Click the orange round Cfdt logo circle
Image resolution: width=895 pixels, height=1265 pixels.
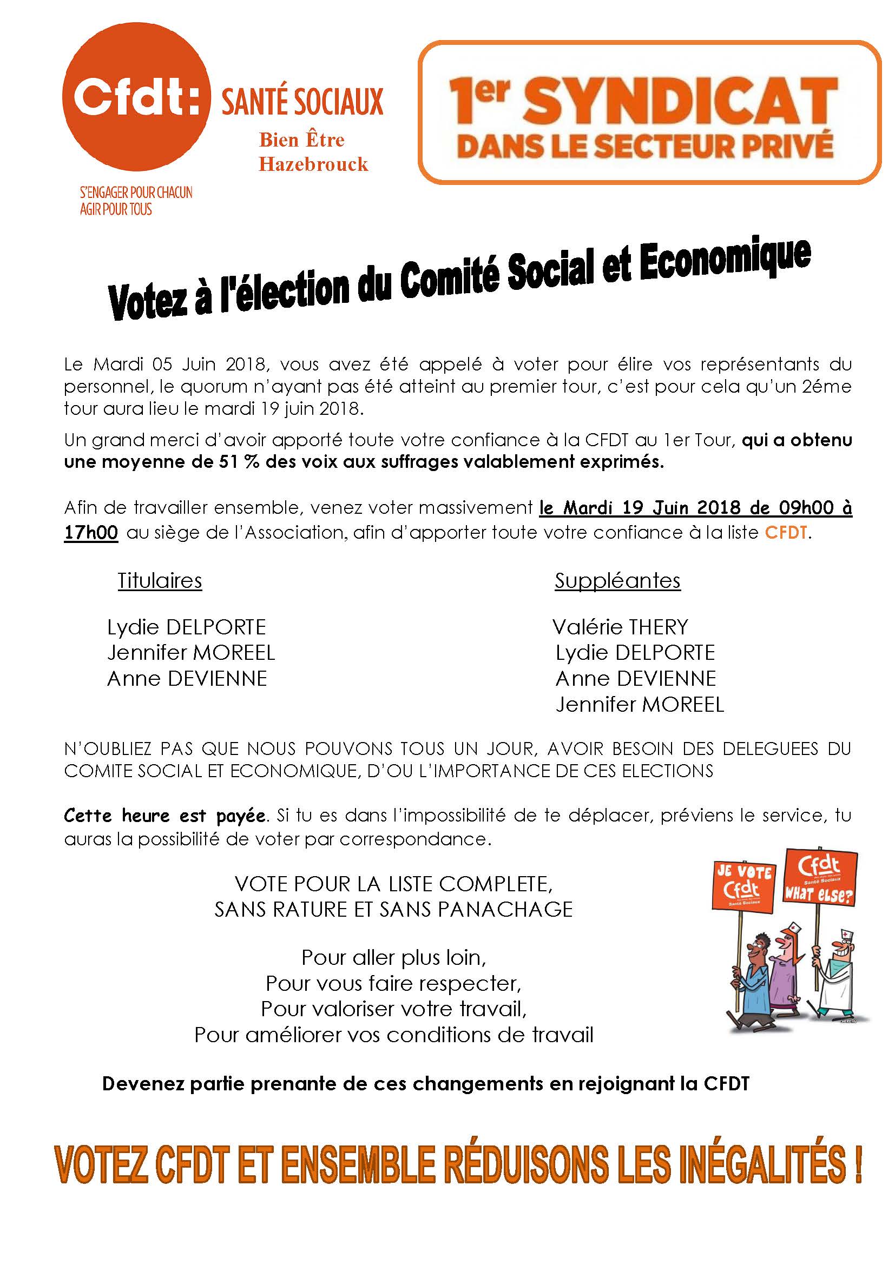point(136,99)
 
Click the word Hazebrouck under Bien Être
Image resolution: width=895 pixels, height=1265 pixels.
point(313,164)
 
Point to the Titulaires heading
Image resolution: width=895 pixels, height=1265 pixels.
point(160,581)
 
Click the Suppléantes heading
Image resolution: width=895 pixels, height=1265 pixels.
point(617,581)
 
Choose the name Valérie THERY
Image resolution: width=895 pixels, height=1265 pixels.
point(620,627)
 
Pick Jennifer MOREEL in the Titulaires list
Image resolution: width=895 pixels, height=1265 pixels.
point(190,653)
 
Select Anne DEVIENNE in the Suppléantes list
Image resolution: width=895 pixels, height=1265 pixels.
point(635,679)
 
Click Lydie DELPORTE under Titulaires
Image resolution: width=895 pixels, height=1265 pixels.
point(186,627)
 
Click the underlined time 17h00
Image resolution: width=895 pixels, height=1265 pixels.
point(91,533)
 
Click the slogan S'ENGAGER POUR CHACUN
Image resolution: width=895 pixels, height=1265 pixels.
point(136,193)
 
